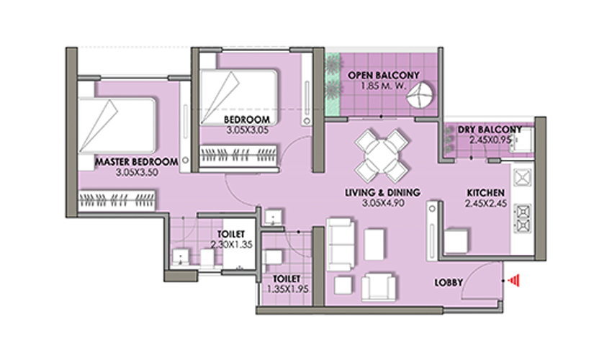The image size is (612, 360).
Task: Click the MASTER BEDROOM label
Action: [x=136, y=162]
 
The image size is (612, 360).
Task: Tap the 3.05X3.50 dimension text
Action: [x=137, y=172]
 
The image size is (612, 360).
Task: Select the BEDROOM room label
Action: [x=247, y=120]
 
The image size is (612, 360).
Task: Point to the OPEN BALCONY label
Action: [x=383, y=76]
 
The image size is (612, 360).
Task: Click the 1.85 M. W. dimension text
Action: [x=383, y=86]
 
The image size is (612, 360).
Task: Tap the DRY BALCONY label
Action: [x=490, y=130]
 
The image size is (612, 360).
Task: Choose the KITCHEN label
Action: [x=486, y=193]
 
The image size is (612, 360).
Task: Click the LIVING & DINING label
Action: [x=382, y=192]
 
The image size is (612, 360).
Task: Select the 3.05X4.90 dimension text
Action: [x=383, y=203]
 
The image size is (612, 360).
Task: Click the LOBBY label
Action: [x=449, y=282]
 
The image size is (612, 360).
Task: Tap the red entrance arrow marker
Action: [x=515, y=280]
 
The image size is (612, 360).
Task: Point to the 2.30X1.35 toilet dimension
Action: [x=231, y=245]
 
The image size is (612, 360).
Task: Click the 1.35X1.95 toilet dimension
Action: [x=288, y=289]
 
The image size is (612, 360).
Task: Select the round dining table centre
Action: [x=382, y=156]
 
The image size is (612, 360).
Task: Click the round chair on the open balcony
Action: [x=420, y=94]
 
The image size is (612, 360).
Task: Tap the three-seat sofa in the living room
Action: [x=341, y=244]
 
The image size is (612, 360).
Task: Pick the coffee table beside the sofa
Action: [x=374, y=244]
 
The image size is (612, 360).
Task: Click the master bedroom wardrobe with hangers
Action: [x=117, y=201]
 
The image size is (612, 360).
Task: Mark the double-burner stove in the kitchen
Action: [x=523, y=218]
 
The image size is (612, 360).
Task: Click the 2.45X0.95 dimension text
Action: [x=490, y=140]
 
